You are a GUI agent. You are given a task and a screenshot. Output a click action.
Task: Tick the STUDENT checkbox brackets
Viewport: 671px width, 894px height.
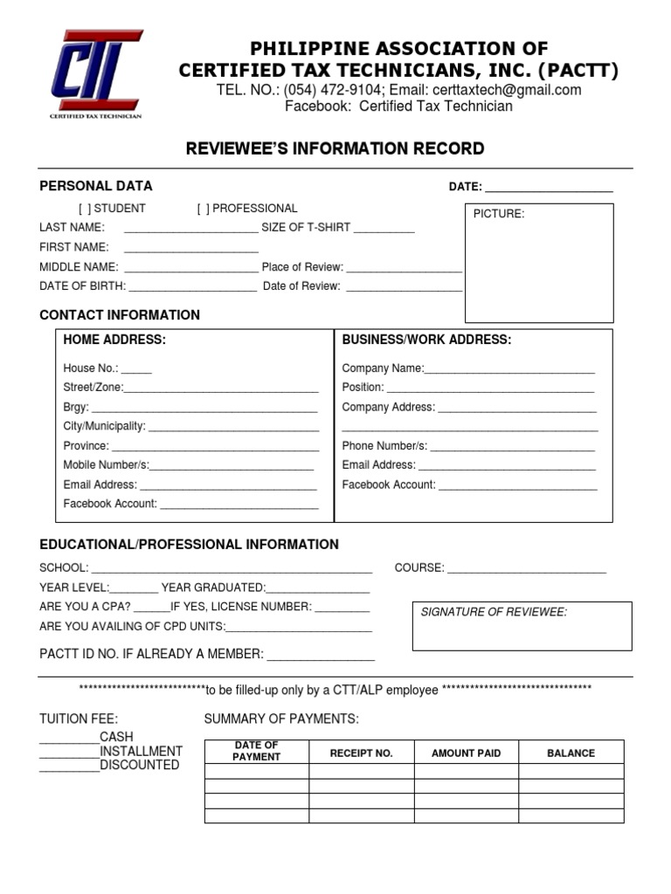tap(84, 209)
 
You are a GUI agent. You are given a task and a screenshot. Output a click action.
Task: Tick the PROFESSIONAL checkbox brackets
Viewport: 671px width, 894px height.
tap(203, 209)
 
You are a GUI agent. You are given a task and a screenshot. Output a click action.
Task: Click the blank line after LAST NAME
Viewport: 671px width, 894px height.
tap(191, 229)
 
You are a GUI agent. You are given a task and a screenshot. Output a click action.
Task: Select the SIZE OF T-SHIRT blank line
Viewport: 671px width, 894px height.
tap(384, 229)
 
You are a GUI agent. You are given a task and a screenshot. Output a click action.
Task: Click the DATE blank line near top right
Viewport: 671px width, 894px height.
tap(549, 189)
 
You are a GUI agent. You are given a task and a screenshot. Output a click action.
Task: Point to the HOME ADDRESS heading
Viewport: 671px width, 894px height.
tap(114, 340)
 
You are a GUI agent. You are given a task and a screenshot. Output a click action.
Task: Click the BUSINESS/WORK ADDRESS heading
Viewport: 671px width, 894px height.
tap(426, 340)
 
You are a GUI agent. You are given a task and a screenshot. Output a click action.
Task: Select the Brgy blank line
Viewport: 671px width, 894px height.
tap(204, 409)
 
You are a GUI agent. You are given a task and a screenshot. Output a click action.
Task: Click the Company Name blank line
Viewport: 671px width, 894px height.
tap(509, 370)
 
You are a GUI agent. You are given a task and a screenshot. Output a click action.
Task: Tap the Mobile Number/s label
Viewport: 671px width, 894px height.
tap(106, 465)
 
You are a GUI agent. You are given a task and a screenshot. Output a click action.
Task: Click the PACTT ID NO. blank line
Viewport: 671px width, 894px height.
tap(321, 657)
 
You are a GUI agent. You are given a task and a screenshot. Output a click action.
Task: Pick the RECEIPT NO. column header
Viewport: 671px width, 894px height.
tap(361, 753)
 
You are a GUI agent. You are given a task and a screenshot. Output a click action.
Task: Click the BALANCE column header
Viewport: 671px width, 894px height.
tap(571, 753)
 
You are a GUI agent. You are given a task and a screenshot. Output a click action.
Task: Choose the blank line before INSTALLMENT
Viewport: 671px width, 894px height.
tap(69, 753)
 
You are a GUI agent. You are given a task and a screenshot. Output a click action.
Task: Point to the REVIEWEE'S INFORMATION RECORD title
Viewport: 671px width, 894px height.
tap(335, 149)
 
